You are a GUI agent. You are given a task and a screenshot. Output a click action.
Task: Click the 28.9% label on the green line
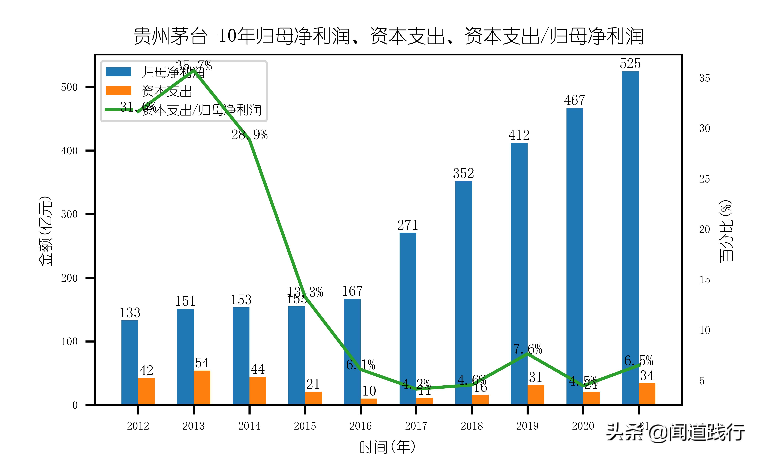click(x=249, y=135)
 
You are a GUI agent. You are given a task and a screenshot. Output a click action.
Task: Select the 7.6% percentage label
click(x=528, y=349)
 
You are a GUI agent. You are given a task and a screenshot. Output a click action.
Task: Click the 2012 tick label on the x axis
click(x=138, y=426)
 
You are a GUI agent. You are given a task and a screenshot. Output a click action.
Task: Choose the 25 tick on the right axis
click(x=704, y=179)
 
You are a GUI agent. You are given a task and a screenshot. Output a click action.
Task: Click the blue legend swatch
click(x=119, y=72)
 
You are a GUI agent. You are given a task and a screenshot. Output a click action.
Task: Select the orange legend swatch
click(x=119, y=91)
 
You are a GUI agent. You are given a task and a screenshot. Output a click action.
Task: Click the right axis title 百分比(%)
click(x=725, y=231)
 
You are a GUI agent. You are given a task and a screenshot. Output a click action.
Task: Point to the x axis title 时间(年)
click(x=387, y=447)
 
